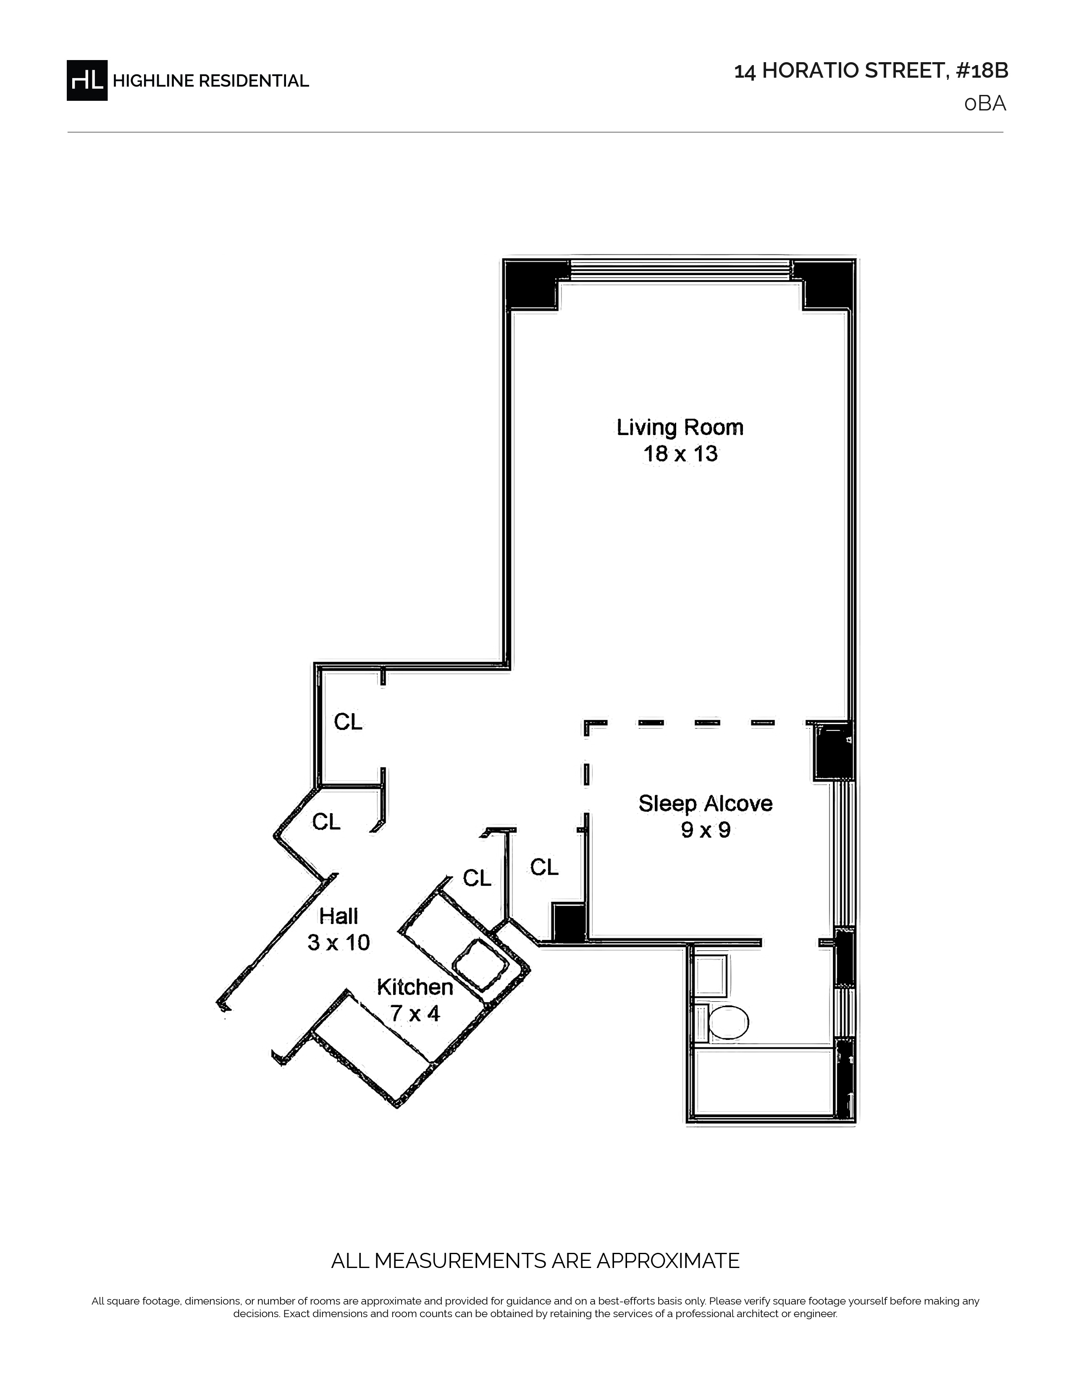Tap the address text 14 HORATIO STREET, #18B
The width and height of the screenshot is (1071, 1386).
point(871,71)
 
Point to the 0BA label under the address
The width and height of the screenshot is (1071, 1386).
point(985,103)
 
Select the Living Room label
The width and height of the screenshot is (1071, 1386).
point(680,428)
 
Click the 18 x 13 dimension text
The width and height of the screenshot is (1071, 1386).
point(680,454)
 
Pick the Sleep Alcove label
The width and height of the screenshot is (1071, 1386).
point(706,803)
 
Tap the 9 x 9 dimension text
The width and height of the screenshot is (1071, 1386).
point(706,830)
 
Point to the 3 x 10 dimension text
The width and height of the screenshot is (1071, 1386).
point(339,942)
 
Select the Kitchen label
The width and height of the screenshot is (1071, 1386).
point(415,987)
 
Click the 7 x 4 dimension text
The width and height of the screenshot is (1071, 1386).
point(415,1013)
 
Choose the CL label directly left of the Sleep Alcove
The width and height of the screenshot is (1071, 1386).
point(544,867)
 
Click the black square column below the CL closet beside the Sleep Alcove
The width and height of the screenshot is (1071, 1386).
point(569,921)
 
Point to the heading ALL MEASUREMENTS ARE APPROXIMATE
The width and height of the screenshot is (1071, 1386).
point(535,1260)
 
